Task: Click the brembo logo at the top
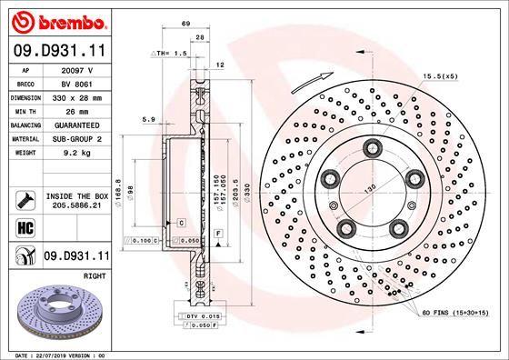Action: click(57, 20)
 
